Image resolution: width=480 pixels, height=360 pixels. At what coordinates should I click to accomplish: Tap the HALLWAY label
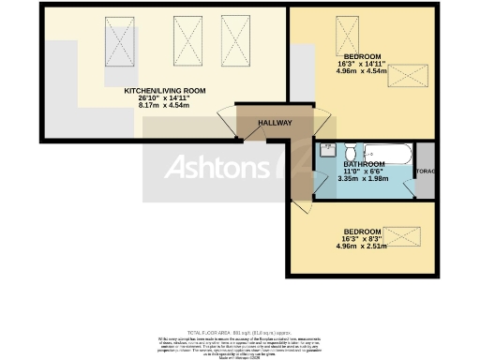point(275,123)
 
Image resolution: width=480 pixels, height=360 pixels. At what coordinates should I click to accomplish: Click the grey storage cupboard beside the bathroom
point(425,171)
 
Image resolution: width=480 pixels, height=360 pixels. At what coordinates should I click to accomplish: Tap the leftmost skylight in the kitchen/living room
point(121,40)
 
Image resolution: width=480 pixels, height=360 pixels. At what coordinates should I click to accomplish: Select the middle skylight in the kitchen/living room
point(183,37)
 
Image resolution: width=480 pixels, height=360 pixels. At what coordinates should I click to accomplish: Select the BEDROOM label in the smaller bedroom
point(361,232)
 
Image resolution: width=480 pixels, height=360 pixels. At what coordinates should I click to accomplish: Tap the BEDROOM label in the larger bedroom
point(360,55)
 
